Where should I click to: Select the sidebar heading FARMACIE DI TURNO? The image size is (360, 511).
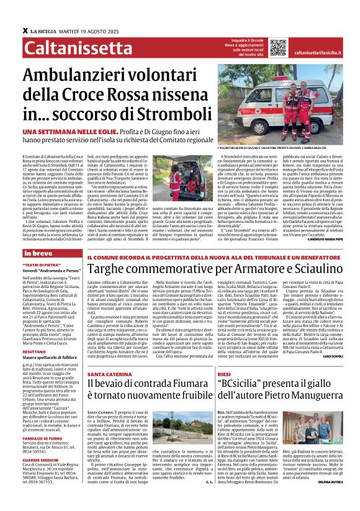42,439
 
